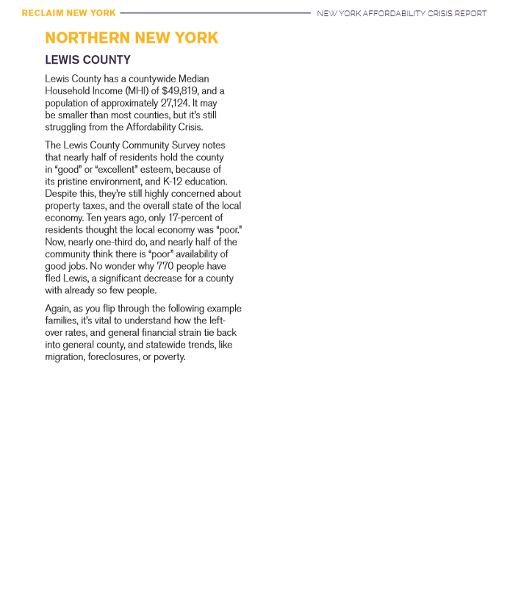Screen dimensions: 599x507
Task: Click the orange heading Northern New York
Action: pyautogui.click(x=132, y=38)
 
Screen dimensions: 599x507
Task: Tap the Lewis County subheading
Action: pyautogui.click(x=98, y=60)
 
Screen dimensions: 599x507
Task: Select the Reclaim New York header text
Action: pyautogui.click(x=68, y=13)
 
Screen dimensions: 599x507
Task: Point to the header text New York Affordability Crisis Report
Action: pyautogui.click(x=401, y=13)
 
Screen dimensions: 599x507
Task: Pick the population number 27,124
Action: pyautogui.click(x=178, y=103)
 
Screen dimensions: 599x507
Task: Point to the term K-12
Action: pyautogui.click(x=174, y=182)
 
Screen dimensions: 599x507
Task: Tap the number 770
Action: pyautogui.click(x=165, y=266)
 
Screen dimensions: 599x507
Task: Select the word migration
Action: pyautogui.click(x=65, y=356)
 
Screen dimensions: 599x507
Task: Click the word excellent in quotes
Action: pyautogui.click(x=117, y=170)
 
